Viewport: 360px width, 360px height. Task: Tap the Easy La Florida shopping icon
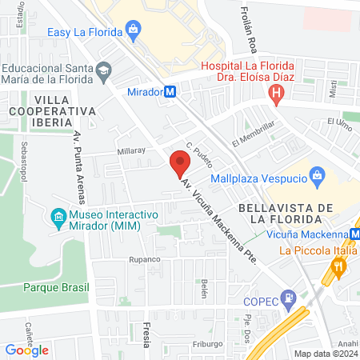pos(132,32)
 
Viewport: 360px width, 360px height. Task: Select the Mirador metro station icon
pos(170,92)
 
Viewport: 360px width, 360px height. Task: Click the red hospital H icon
pos(277,96)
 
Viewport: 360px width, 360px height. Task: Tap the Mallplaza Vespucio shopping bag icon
pos(318,175)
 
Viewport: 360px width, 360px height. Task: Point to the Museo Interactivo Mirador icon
pos(58,217)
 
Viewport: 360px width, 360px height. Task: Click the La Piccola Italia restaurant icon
pos(340,267)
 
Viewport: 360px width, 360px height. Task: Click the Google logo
pos(27,350)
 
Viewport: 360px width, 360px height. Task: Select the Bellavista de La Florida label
pos(286,213)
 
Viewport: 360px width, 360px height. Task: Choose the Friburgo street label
pos(207,344)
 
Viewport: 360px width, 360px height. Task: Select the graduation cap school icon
pos(103,72)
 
